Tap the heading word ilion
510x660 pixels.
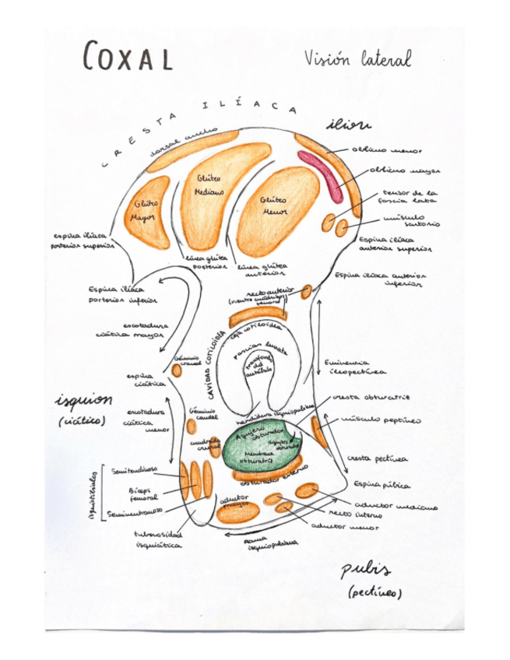[348, 125]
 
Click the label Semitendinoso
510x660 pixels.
[134, 471]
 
